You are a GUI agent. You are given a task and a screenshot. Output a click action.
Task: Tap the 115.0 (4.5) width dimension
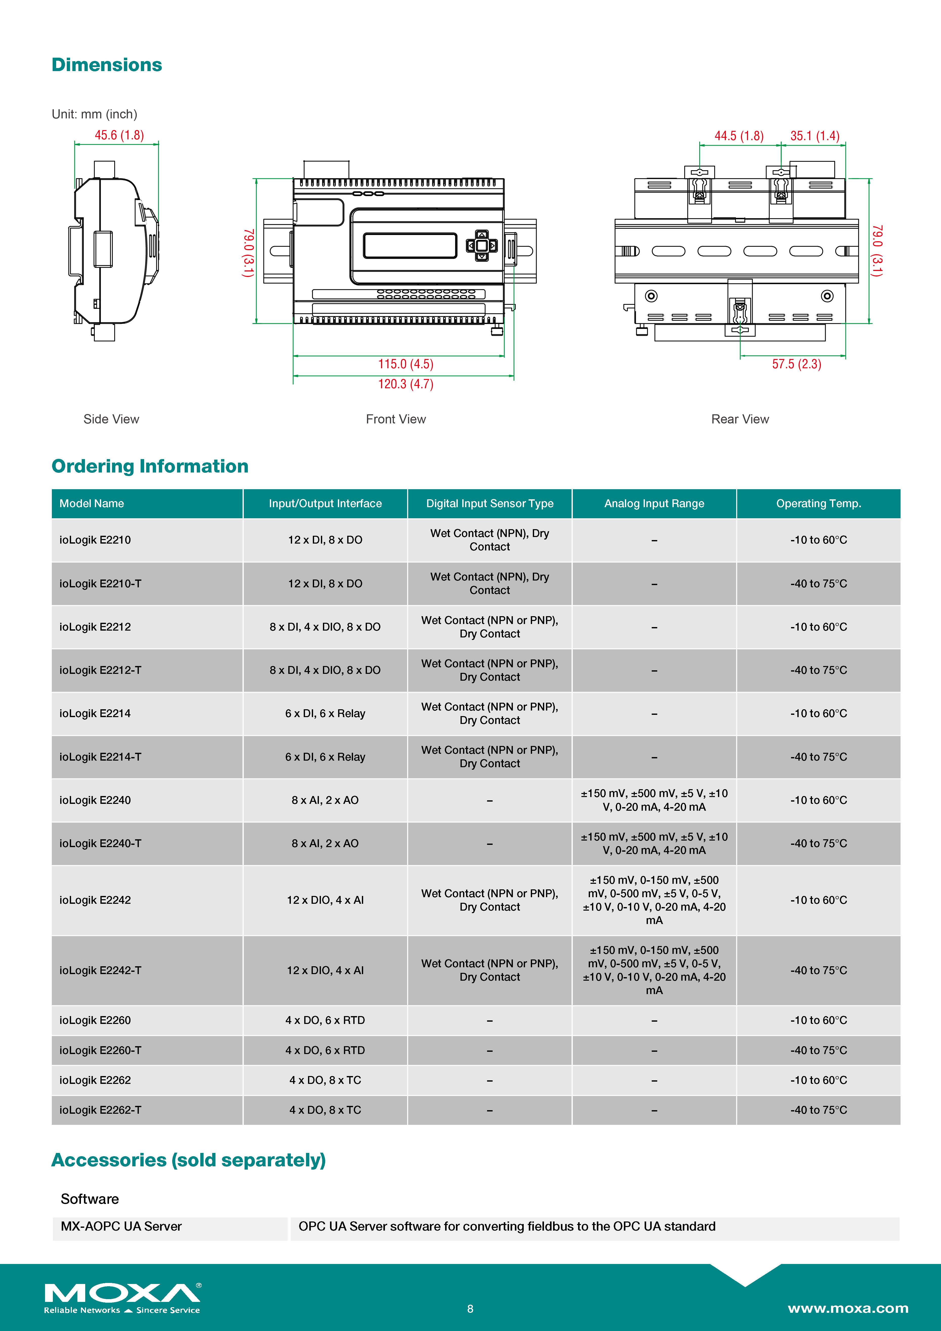coord(406,364)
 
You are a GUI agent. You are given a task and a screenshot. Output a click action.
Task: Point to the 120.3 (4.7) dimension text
coord(406,384)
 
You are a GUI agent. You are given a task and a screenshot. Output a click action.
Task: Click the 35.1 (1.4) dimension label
coord(815,136)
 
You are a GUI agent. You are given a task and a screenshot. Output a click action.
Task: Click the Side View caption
coord(111,419)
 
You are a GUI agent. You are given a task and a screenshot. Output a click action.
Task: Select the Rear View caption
coord(740,419)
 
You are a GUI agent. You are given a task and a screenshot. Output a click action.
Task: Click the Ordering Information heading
coord(150,466)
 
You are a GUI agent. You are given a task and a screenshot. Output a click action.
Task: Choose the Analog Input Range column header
coord(654,503)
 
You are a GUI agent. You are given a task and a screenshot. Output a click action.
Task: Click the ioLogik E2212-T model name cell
coord(100,670)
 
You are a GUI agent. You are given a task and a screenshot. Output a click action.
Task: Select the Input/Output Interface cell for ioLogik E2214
coord(325,714)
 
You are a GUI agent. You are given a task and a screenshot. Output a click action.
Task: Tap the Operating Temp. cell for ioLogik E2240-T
coord(818,844)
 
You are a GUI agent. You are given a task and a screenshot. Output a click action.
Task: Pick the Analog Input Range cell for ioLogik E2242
coord(654,900)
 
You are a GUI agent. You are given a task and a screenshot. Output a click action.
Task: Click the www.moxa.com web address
coord(848,1308)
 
